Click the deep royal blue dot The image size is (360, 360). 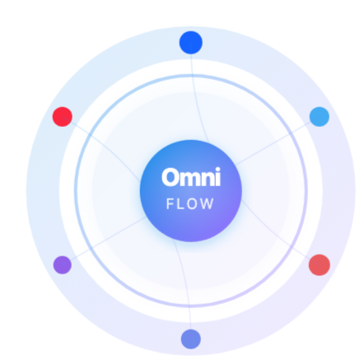(x=191, y=43)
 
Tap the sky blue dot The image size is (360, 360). (x=320, y=117)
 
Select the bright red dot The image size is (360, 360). (x=63, y=117)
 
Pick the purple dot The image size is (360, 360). (x=63, y=265)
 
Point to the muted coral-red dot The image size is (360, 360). (x=320, y=265)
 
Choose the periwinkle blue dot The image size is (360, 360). (x=191, y=339)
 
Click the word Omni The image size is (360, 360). (x=191, y=177)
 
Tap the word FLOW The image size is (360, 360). (x=190, y=204)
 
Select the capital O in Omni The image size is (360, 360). (x=171, y=177)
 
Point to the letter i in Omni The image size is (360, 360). (x=217, y=177)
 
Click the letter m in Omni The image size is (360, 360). (x=190, y=180)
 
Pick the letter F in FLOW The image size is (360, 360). (x=170, y=204)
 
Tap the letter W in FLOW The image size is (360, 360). (x=208, y=204)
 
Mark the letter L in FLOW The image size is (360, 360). (x=180, y=204)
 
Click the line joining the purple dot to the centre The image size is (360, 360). (x=105, y=241)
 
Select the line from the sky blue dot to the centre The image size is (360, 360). (x=277, y=141)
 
